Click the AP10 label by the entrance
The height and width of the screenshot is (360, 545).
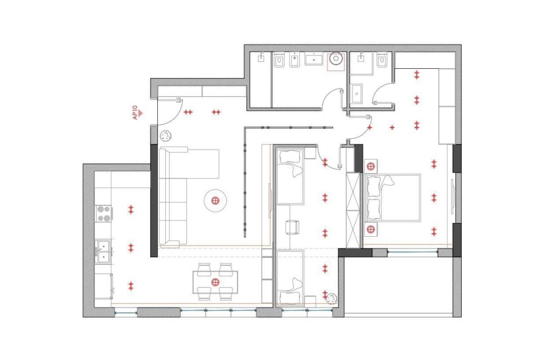point(135,113)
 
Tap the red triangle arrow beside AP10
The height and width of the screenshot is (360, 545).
point(141,113)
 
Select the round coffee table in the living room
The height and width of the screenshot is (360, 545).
point(216,200)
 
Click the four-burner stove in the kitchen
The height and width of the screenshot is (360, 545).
point(104,213)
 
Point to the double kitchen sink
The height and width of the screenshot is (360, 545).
point(103,251)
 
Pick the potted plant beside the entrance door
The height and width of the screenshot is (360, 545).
point(165,135)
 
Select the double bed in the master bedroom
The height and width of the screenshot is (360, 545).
point(393,198)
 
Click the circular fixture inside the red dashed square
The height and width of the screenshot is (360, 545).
point(336,59)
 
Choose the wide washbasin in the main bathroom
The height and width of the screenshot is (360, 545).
point(316,59)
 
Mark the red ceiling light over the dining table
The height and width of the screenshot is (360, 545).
point(216,282)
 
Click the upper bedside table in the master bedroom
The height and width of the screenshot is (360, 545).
point(371,166)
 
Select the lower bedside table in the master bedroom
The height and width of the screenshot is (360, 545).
point(371,229)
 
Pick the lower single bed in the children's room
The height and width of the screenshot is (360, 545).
point(291,277)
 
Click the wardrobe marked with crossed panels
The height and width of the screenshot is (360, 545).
point(354,210)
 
